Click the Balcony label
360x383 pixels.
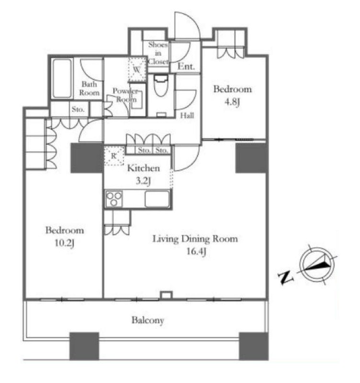(147, 320)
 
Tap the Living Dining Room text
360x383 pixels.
(195, 238)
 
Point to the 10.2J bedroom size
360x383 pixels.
(64, 243)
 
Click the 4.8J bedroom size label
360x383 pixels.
(232, 101)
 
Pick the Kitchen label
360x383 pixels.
(144, 168)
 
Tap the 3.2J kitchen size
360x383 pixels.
(143, 181)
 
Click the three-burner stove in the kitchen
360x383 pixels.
(114, 199)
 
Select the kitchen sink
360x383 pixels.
(157, 199)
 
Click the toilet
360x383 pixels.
(161, 86)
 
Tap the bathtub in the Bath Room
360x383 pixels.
(62, 78)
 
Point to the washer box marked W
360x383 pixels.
(137, 69)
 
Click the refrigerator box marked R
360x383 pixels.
(114, 156)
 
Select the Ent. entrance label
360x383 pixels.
(186, 67)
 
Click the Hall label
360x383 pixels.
(187, 115)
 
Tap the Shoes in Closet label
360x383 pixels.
(158, 53)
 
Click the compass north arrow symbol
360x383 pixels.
(318, 265)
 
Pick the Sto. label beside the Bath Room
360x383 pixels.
(78, 109)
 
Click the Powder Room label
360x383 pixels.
(125, 95)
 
